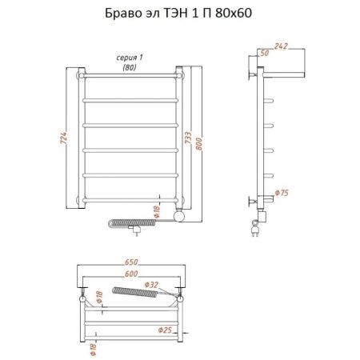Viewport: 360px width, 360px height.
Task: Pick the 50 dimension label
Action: tap(263, 54)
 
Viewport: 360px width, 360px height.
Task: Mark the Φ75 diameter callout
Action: tap(281, 193)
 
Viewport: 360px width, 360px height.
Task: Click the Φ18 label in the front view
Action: tap(158, 213)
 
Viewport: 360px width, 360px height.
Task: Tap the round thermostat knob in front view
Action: tap(182, 214)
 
